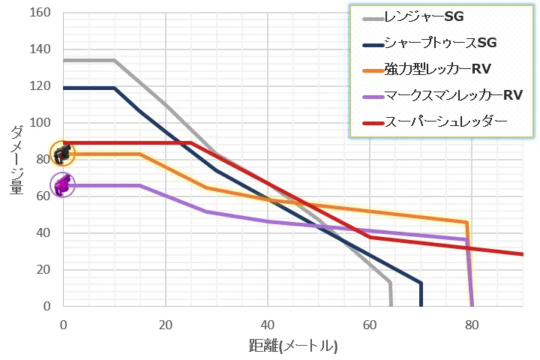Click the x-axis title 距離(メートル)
(x=293, y=346)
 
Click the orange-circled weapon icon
(x=62, y=154)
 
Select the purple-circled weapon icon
(x=63, y=184)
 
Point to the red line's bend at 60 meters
(x=370, y=237)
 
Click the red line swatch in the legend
(x=369, y=121)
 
